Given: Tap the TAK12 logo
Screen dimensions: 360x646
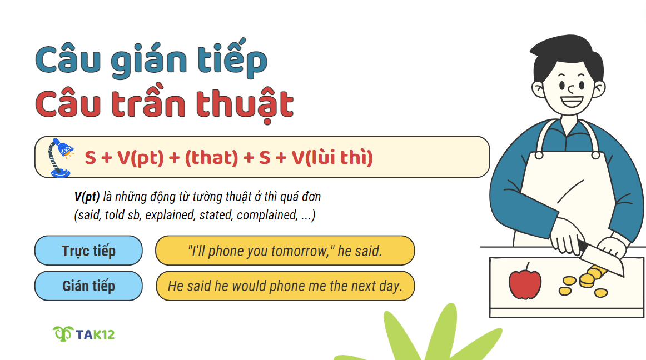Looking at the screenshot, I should coord(84,334).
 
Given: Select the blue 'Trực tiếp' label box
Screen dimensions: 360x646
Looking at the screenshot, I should coord(88,251).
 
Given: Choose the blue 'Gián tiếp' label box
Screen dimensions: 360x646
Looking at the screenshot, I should coord(88,286).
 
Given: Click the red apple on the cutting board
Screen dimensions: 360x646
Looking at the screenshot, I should coord(524,284).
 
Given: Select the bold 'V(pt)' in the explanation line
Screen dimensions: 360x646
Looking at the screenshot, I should coord(87,197).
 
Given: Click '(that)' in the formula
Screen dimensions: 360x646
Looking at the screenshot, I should coord(211,158).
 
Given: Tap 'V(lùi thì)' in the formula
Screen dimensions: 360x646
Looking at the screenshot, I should coord(332,158).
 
